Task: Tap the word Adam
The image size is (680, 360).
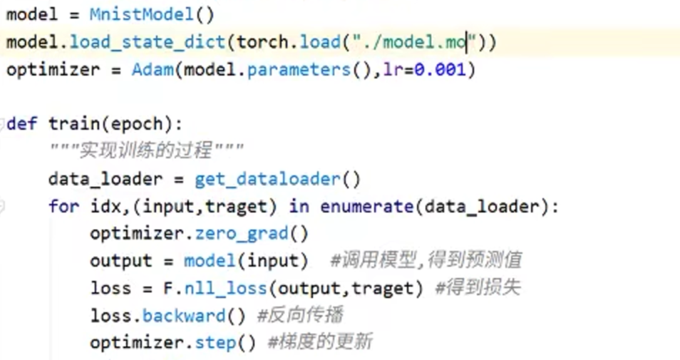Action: click(152, 70)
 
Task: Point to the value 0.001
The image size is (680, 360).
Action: click(441, 70)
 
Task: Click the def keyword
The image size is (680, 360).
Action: click(22, 124)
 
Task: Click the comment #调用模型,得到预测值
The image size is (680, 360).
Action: click(426, 261)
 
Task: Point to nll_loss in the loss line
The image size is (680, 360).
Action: click(225, 288)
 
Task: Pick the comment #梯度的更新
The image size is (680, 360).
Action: click(320, 342)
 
